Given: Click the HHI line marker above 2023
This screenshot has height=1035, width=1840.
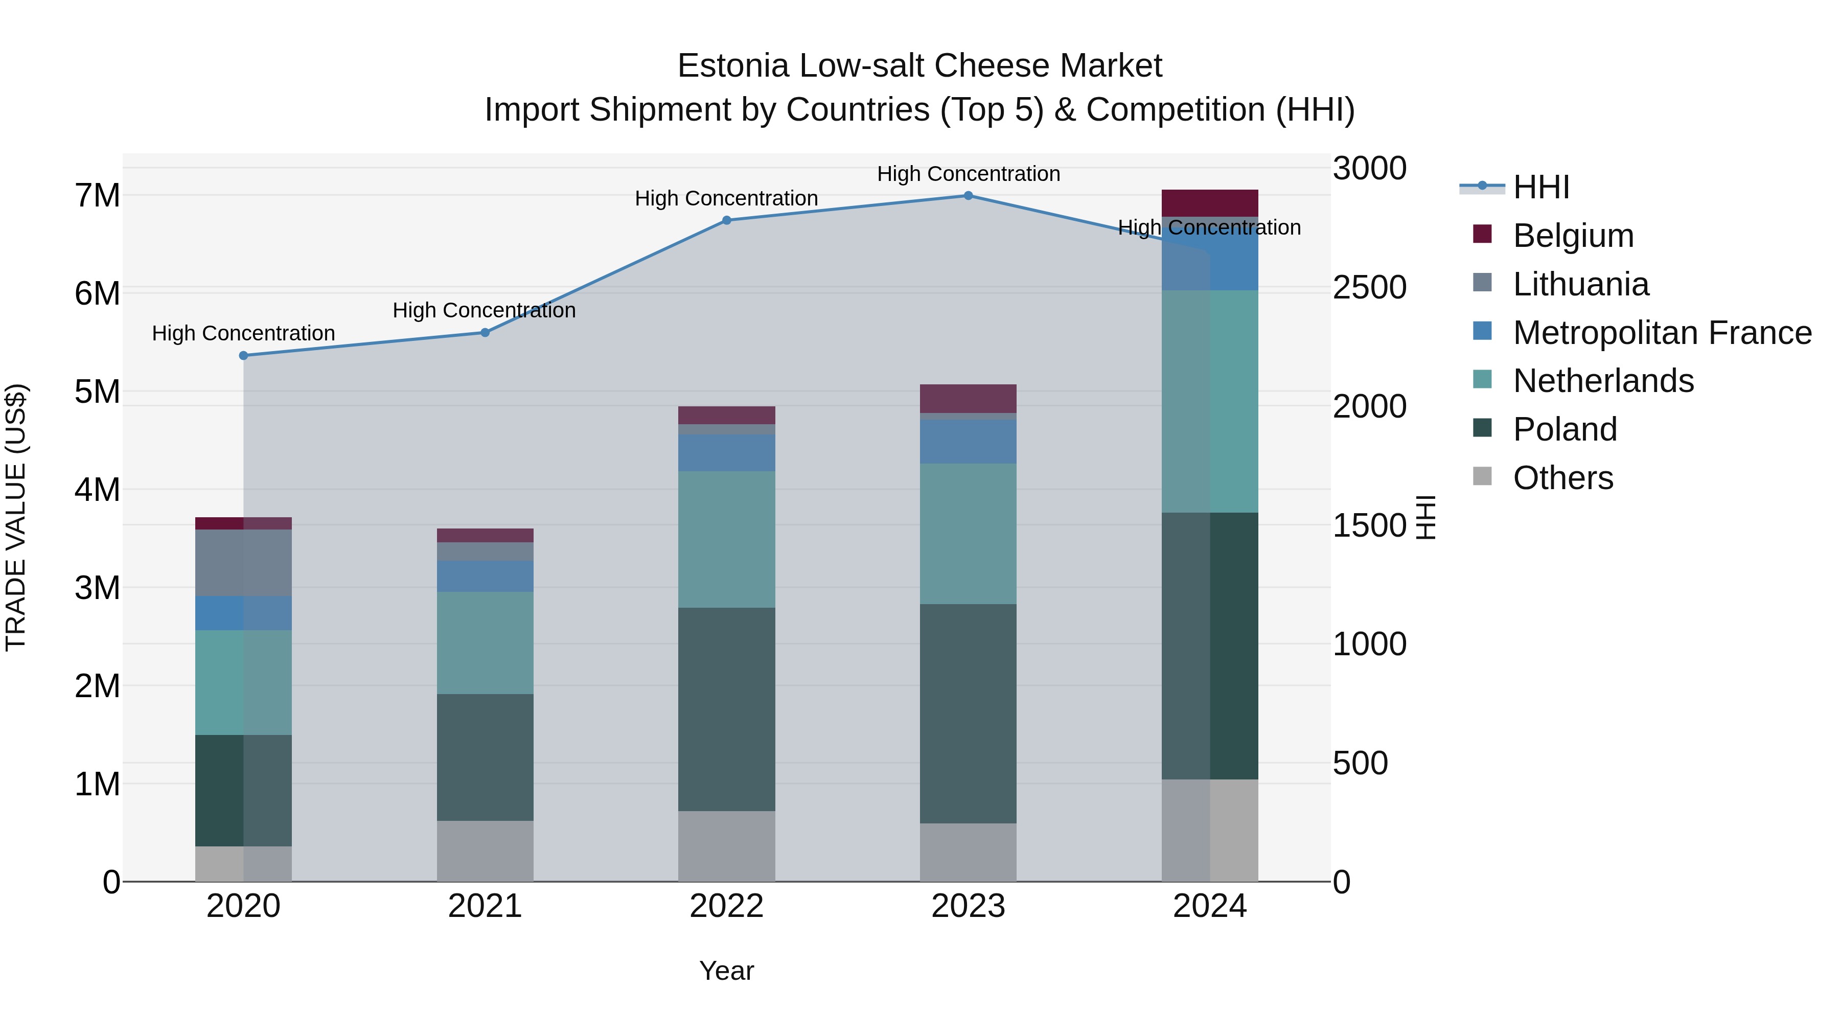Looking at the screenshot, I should pos(968,196).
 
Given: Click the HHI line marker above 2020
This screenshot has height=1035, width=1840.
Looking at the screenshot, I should pos(244,356).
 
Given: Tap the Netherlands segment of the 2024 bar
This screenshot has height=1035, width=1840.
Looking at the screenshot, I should pos(1209,401).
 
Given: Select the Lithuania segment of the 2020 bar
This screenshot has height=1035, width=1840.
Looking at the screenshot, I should pos(244,563).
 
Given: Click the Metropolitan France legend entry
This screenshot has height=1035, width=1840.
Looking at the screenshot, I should pos(1662,333).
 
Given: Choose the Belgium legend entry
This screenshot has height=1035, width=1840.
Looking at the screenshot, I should pos(1573,236).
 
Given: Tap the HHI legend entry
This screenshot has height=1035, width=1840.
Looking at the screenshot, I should pos(1540,187).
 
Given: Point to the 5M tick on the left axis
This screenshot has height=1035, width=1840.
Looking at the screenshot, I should pos(98,392).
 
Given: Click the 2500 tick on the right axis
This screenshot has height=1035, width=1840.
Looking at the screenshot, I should pos(1369,288).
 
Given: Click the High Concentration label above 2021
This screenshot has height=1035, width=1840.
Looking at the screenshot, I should pos(485,311).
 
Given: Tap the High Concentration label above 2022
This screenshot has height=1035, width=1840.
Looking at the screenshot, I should pos(726,199).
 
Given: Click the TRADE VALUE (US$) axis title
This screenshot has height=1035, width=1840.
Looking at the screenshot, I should pos(16,517).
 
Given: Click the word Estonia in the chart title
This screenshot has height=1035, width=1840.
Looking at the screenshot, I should pos(733,66).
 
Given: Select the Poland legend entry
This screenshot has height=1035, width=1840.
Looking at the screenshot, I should pos(1565,429).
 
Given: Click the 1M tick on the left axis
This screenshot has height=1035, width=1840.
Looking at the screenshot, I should pos(98,784).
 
